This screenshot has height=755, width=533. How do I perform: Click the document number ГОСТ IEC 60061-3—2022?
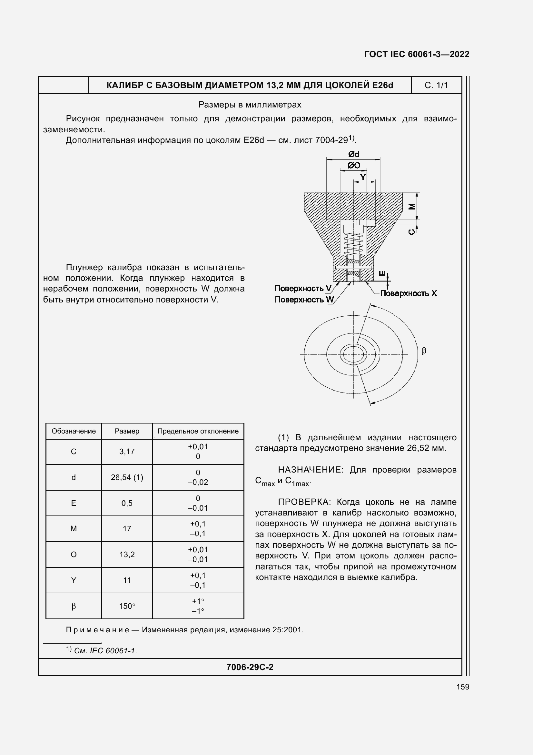click(416, 54)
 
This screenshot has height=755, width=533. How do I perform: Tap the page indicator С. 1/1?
click(436, 85)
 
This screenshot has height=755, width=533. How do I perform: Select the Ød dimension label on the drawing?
click(354, 154)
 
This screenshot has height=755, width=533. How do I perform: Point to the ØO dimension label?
click(354, 165)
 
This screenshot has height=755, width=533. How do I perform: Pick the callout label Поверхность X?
click(409, 293)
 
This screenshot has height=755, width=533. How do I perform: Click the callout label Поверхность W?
click(304, 300)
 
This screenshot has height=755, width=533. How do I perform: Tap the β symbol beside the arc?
click(424, 351)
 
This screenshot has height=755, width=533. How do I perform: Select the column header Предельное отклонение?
click(198, 431)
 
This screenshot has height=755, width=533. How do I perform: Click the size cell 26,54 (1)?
click(127, 477)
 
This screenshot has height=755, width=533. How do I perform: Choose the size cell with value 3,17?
click(127, 452)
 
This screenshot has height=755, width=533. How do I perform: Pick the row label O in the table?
click(74, 555)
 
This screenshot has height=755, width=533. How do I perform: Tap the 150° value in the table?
click(127, 606)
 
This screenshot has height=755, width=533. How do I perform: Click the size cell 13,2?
click(127, 555)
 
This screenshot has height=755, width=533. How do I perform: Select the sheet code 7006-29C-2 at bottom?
click(250, 667)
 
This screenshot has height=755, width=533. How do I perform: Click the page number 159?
click(462, 687)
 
